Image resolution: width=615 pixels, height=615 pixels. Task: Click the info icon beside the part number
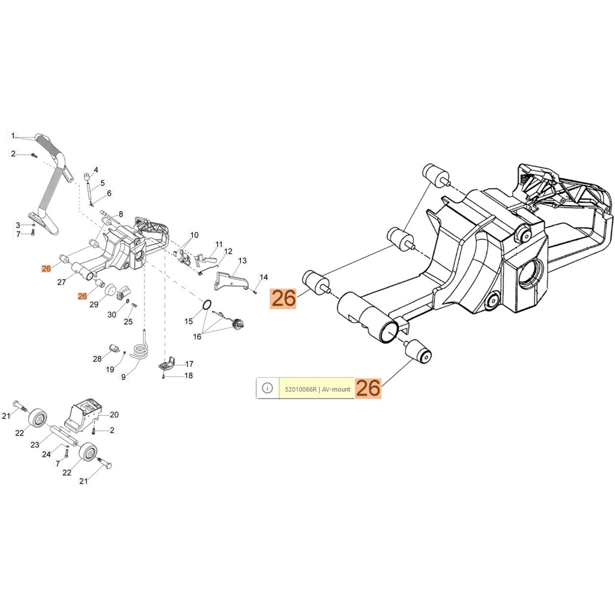click(267, 388)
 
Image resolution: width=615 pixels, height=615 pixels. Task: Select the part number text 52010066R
click(301, 389)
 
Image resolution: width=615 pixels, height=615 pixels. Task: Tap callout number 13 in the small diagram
click(242, 261)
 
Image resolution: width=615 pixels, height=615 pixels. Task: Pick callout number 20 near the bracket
click(114, 415)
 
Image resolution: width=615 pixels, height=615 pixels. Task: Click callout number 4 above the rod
click(96, 170)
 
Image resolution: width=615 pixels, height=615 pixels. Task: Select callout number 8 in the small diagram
click(121, 214)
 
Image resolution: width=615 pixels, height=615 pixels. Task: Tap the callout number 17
click(189, 364)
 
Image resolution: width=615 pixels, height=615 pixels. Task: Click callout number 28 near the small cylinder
click(97, 359)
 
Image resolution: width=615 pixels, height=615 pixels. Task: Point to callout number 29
click(94, 304)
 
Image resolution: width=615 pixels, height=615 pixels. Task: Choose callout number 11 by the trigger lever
click(219, 244)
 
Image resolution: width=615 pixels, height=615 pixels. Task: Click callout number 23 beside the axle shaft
click(35, 445)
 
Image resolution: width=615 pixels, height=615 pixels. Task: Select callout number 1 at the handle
click(13, 136)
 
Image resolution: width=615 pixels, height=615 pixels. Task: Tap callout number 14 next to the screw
click(263, 277)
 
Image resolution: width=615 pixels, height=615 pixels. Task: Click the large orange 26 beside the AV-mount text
click(368, 388)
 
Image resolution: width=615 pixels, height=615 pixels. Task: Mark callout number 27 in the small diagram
click(61, 282)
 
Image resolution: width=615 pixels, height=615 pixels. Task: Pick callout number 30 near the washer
click(111, 315)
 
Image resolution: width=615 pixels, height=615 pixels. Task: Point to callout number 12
click(228, 251)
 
